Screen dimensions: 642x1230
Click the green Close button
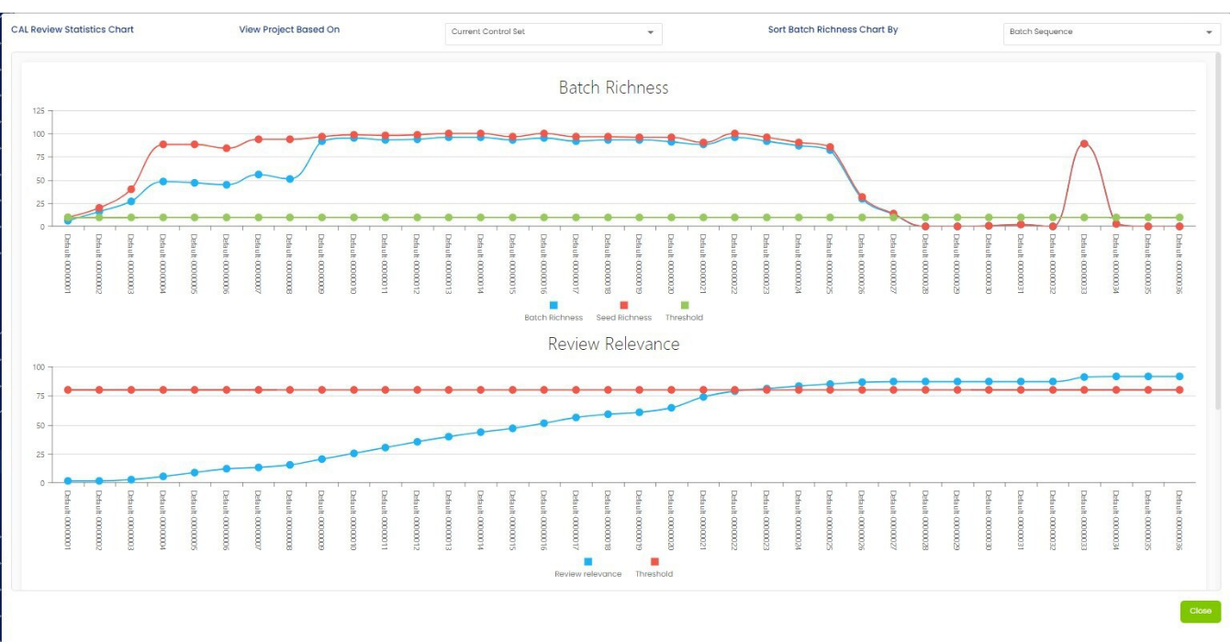(1200, 611)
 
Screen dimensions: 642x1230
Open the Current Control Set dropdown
(553, 32)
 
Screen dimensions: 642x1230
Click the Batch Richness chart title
(613, 88)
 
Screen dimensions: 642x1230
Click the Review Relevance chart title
(613, 344)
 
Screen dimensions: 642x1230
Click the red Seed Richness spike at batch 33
(1084, 143)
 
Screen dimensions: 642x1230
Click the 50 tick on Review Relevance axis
(39, 425)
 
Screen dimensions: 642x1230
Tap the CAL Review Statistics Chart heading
(73, 29)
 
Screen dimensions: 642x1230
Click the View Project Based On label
(289, 29)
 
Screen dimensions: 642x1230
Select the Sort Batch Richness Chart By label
(833, 29)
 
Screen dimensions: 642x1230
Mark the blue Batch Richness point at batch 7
(258, 175)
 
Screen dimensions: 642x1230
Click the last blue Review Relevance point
(1180, 377)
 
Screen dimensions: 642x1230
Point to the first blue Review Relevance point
(68, 480)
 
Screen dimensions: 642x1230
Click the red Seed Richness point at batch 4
(162, 144)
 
